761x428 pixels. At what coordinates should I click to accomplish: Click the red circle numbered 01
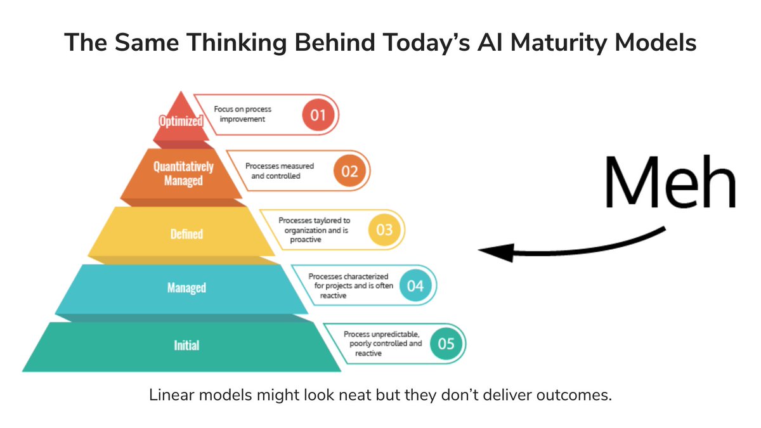click(x=318, y=115)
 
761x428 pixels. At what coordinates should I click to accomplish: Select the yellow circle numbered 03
click(x=384, y=230)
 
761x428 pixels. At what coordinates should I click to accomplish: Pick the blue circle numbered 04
click(x=415, y=286)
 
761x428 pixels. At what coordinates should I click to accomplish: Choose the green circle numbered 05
click(x=446, y=344)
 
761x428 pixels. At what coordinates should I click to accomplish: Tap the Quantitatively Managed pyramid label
click(x=183, y=173)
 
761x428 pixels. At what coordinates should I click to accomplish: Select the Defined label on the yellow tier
click(x=186, y=234)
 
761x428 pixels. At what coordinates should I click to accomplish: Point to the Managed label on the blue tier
click(x=186, y=288)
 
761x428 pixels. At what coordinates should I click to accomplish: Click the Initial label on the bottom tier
click(x=186, y=346)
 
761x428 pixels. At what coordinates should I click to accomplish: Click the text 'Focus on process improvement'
click(x=243, y=115)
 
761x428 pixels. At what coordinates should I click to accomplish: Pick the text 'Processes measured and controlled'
click(x=279, y=171)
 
